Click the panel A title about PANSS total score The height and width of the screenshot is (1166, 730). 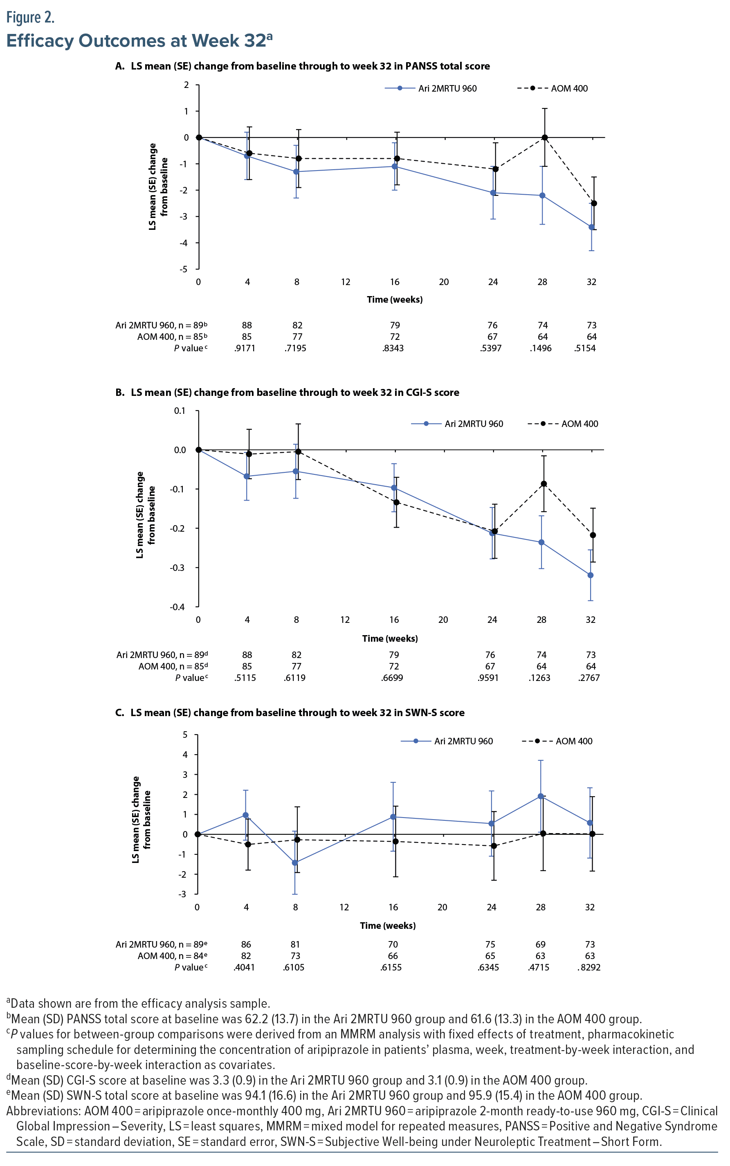tap(303, 66)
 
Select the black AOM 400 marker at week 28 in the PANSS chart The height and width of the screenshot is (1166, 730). tap(545, 137)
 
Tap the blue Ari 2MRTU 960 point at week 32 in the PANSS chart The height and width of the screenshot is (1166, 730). tap(591, 227)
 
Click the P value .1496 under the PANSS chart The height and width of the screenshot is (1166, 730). tap(540, 348)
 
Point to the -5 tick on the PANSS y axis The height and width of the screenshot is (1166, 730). tap(184, 269)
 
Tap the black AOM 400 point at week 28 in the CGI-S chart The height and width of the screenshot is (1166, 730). tap(544, 484)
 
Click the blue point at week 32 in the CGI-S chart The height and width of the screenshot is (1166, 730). tap(591, 575)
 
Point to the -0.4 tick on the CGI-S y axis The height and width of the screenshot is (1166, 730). tap(177, 607)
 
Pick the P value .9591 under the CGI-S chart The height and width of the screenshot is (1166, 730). tap(488, 677)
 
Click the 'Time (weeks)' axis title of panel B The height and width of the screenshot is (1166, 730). tap(390, 638)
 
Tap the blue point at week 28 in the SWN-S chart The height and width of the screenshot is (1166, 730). tap(541, 796)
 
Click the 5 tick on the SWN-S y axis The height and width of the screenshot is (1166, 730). tap(185, 735)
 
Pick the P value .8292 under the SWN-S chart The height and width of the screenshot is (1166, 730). tap(589, 967)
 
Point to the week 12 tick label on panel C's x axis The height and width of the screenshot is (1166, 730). tap(344, 907)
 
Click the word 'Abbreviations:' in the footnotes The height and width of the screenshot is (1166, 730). tap(43, 1110)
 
